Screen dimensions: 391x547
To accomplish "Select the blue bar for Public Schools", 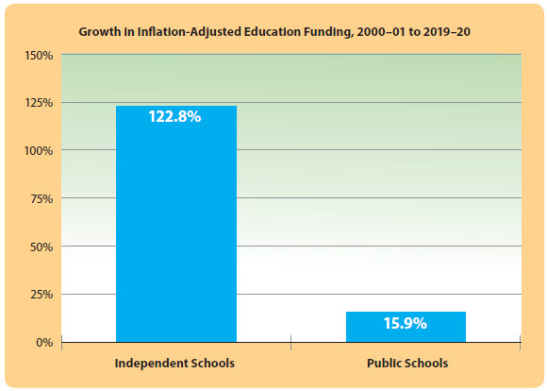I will click(406, 326).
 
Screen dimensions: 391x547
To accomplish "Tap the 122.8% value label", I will click(175, 118).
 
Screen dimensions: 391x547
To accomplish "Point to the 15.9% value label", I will click(406, 323).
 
